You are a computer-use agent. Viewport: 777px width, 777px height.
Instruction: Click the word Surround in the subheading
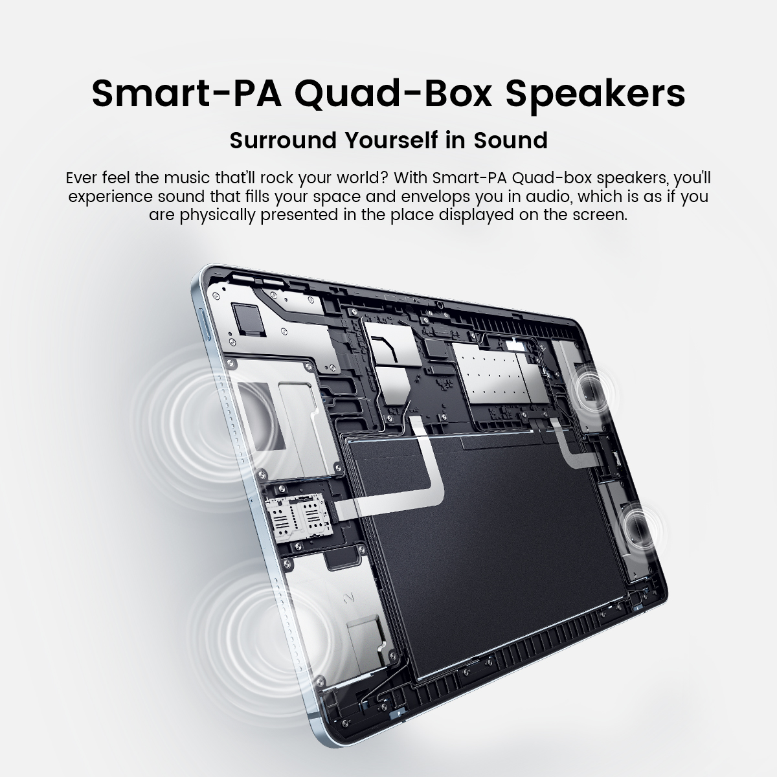[x=283, y=141]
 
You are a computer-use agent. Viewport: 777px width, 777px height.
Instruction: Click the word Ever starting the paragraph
[x=82, y=178]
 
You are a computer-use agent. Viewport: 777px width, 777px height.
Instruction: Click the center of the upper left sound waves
[x=207, y=427]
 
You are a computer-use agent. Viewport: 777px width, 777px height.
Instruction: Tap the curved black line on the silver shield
[x=388, y=347]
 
